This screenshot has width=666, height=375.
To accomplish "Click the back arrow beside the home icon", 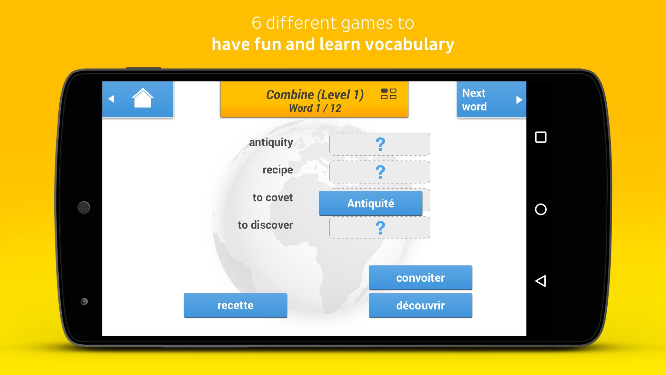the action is [111, 99].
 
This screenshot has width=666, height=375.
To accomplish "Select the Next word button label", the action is [474, 100].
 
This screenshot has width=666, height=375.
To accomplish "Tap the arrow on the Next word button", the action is [519, 100].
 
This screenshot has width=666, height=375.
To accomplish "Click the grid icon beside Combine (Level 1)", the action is [388, 94].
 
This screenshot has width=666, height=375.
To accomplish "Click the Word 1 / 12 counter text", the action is [315, 108].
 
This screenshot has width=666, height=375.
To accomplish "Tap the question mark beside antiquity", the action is [380, 144].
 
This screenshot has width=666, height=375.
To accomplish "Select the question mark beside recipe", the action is [380, 172].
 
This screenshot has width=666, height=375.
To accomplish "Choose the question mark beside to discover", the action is [380, 228].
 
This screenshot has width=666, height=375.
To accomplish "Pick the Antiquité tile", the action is [370, 203].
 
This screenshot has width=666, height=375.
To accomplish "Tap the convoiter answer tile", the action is [420, 277].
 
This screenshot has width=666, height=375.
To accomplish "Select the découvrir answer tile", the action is [420, 305].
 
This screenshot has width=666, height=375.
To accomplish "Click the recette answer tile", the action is [235, 305].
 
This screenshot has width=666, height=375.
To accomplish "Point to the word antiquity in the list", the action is [271, 142].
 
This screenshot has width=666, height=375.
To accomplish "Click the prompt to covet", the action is [273, 197].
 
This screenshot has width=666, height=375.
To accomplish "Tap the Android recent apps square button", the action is [541, 137].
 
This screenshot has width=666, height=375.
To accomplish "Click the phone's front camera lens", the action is [84, 301].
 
